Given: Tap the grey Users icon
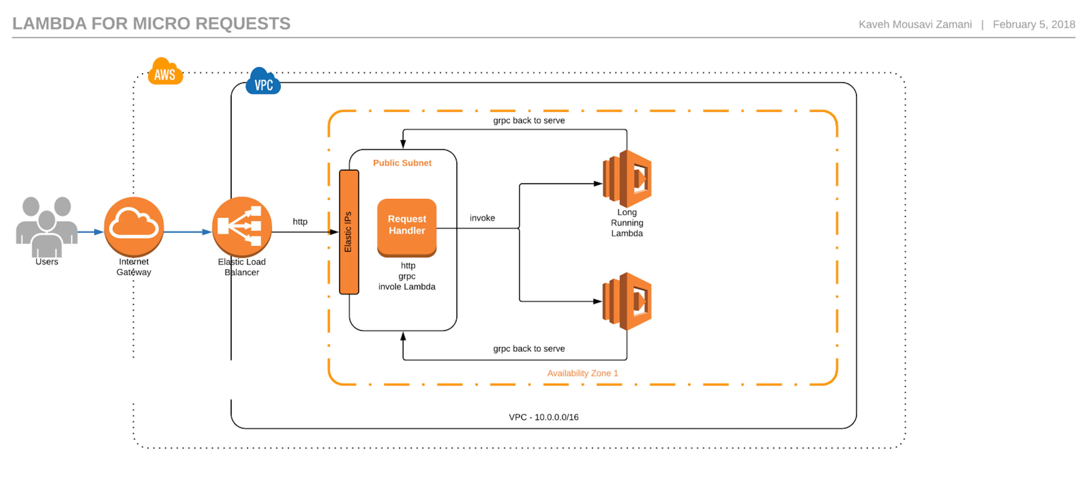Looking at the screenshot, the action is (x=47, y=226).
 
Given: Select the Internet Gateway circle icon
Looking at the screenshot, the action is (x=134, y=227).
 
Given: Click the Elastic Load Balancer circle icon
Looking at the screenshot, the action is (x=242, y=227).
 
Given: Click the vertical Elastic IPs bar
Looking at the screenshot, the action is (x=349, y=232).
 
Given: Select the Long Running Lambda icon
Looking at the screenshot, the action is (x=627, y=178).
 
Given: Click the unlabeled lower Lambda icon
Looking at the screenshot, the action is (x=627, y=301).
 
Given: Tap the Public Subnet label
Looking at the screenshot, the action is (x=402, y=163).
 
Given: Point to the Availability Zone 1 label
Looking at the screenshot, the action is (x=583, y=373).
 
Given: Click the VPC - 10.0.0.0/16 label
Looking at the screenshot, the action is (x=544, y=417).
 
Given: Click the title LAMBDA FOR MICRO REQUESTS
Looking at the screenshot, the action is (x=151, y=23).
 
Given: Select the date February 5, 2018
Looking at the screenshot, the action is (x=1034, y=24).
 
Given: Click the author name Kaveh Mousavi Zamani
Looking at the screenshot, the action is (x=915, y=24).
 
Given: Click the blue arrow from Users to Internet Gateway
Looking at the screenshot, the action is (x=91, y=232).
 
